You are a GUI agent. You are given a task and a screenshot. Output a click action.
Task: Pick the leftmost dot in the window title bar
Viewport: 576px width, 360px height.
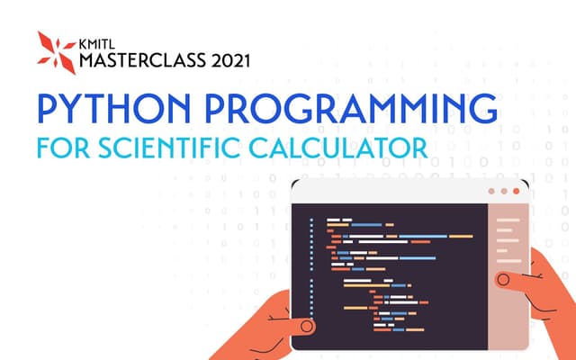(x=490, y=192)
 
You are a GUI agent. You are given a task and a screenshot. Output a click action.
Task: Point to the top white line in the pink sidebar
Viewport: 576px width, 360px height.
(x=508, y=218)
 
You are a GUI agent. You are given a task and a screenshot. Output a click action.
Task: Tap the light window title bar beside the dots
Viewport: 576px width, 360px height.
(x=387, y=192)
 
